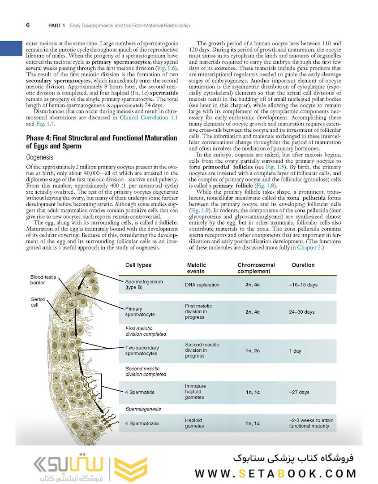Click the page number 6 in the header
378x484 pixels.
tap(28, 25)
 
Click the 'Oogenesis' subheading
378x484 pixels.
tap(40, 157)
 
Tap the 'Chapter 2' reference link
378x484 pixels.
tap(309, 247)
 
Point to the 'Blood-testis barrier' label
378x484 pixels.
tap(43, 280)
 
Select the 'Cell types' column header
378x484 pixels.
tap(138, 265)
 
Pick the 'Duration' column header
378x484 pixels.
tap(303, 265)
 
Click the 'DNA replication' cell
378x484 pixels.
tap(202, 285)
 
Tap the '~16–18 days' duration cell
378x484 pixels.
tap(303, 285)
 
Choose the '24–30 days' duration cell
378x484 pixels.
tap(302, 312)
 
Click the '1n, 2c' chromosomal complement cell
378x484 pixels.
tap(253, 351)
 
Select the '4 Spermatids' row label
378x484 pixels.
tap(140, 393)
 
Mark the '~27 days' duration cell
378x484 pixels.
tap(299, 393)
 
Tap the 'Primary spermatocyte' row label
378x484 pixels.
tap(140, 311)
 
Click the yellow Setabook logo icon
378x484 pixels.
tap(130, 470)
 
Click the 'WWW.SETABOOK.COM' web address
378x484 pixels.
tap(275, 474)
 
